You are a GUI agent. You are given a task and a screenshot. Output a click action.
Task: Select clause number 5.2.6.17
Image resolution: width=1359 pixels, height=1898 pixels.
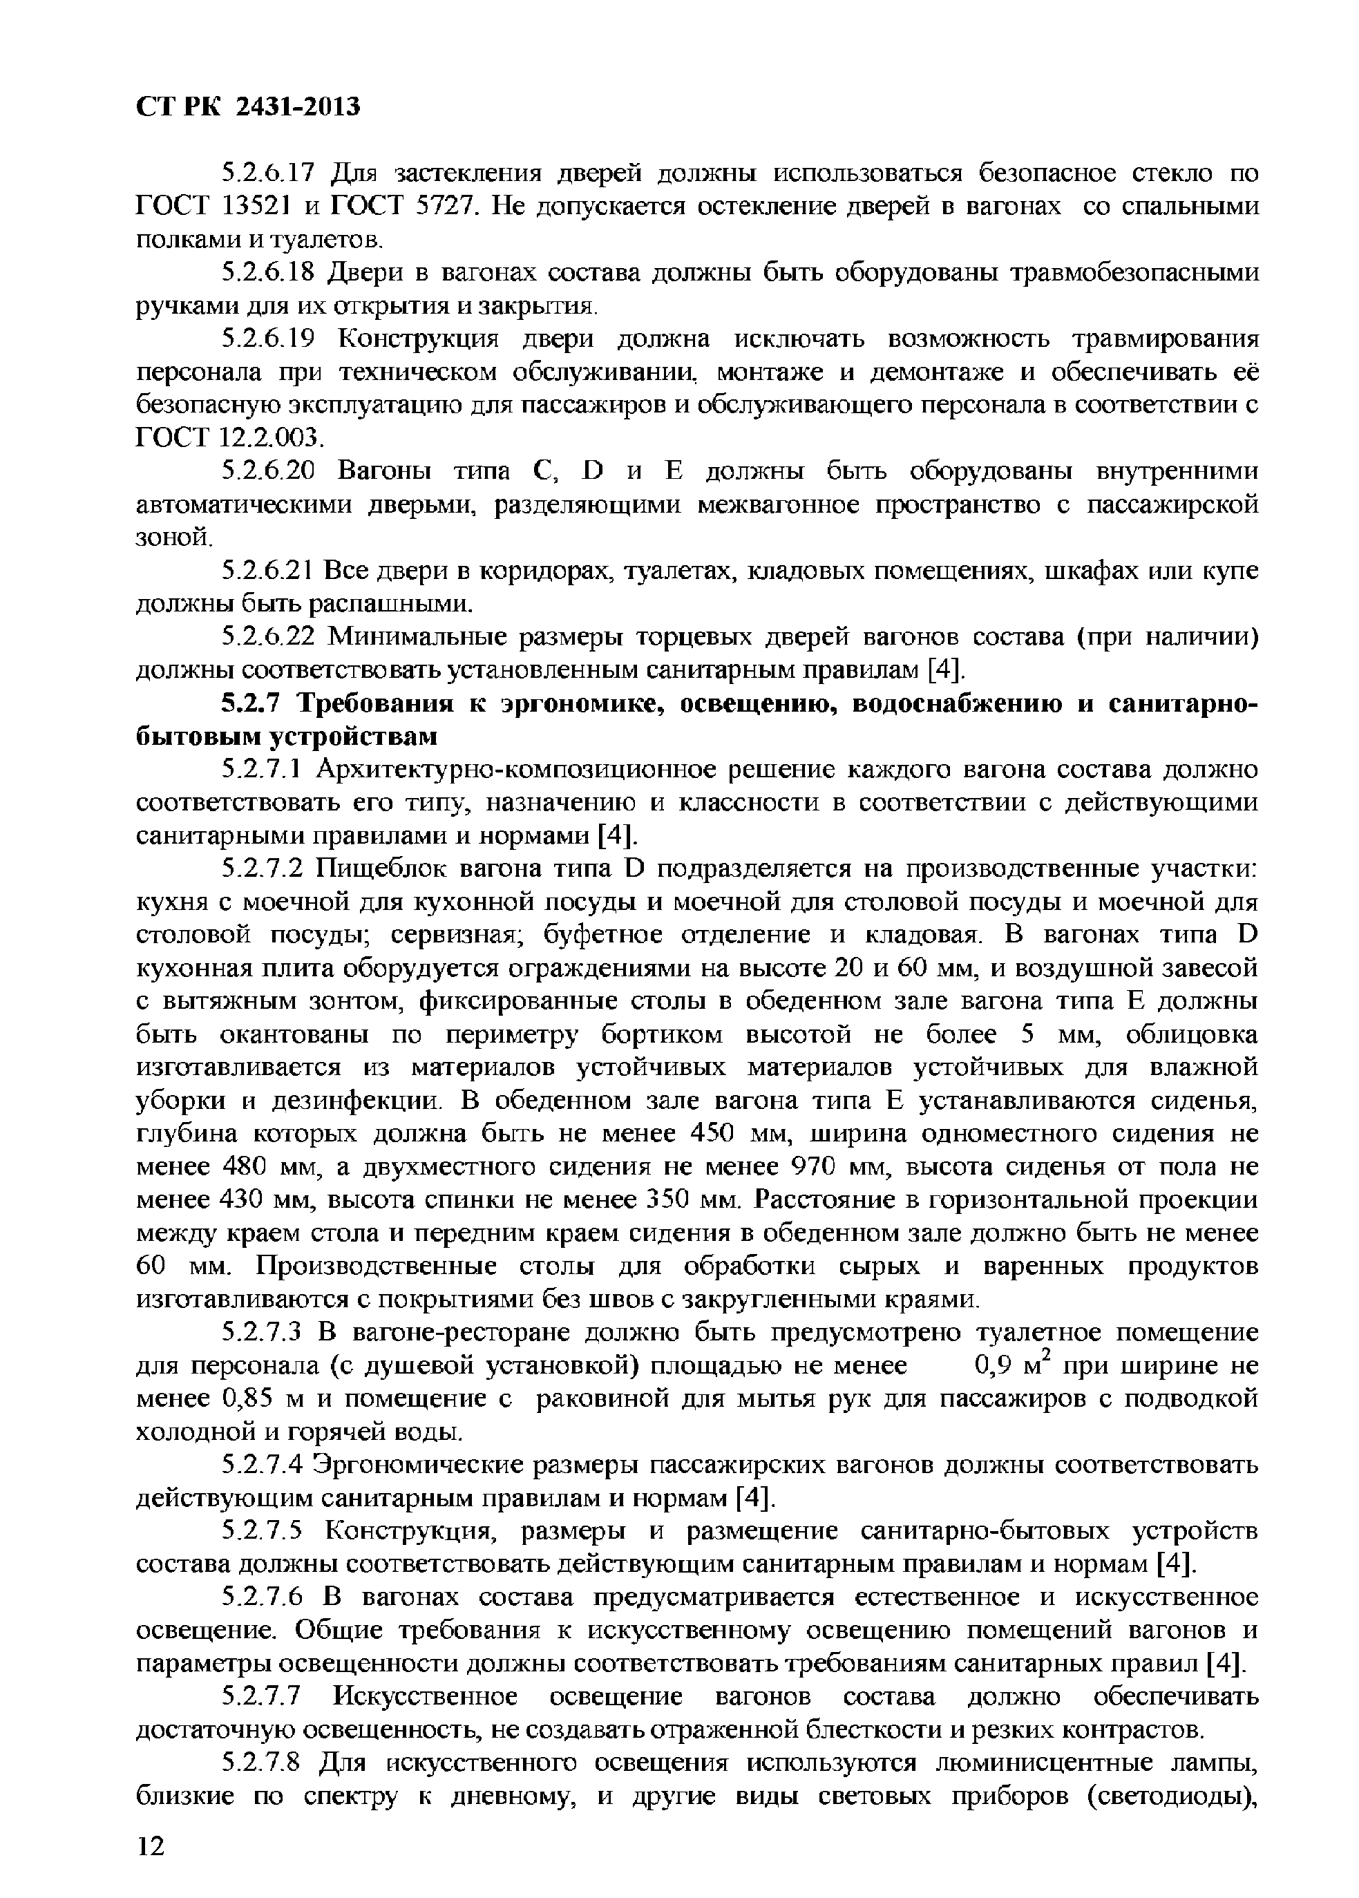(266, 174)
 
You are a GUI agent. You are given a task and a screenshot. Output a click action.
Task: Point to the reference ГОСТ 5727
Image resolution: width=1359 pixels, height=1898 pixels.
(405, 207)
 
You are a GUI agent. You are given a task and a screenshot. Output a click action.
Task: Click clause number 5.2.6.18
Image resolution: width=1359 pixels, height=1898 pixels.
(266, 274)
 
